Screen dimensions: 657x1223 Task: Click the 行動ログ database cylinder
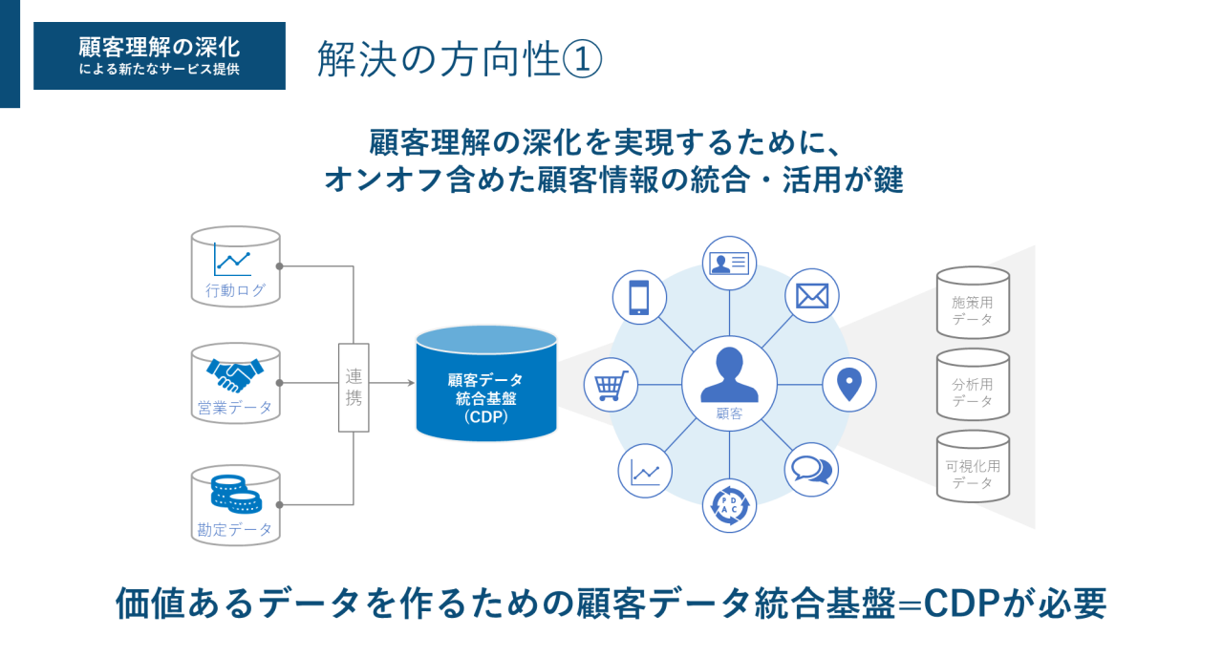pos(236,266)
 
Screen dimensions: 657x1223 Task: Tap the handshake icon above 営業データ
pos(235,374)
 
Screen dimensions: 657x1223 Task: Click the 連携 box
pos(354,387)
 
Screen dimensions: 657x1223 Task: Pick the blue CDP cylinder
pos(486,384)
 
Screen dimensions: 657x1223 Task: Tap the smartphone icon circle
pos(639,296)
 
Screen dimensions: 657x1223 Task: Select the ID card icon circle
pos(730,262)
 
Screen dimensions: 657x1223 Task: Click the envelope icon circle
pos(812,296)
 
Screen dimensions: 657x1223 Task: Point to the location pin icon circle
pos(848,384)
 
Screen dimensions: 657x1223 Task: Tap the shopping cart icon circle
pos(611,385)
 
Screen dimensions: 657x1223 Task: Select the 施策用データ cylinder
pos(973,303)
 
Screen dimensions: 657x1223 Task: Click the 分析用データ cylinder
pos(973,385)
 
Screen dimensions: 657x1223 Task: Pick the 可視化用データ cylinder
pos(973,467)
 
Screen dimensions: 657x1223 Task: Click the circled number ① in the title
pos(582,59)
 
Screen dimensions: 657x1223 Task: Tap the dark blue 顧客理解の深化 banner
pos(160,55)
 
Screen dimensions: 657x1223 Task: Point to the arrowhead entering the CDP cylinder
pos(410,383)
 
